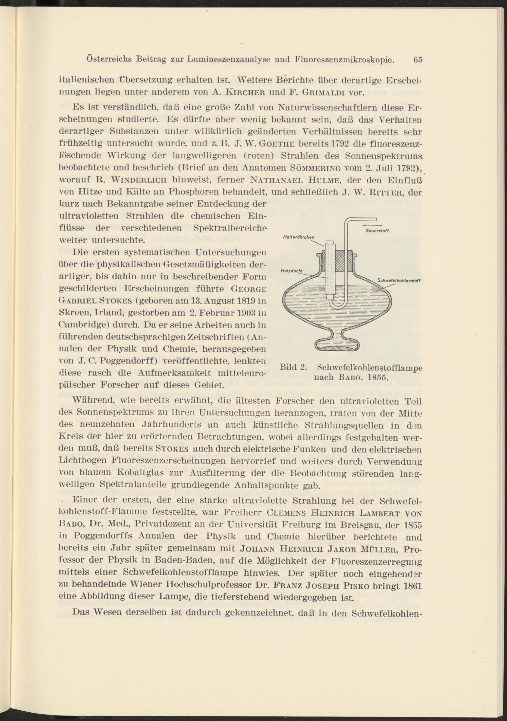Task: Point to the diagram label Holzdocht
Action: (289, 270)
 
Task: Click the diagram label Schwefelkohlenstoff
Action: (399, 280)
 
